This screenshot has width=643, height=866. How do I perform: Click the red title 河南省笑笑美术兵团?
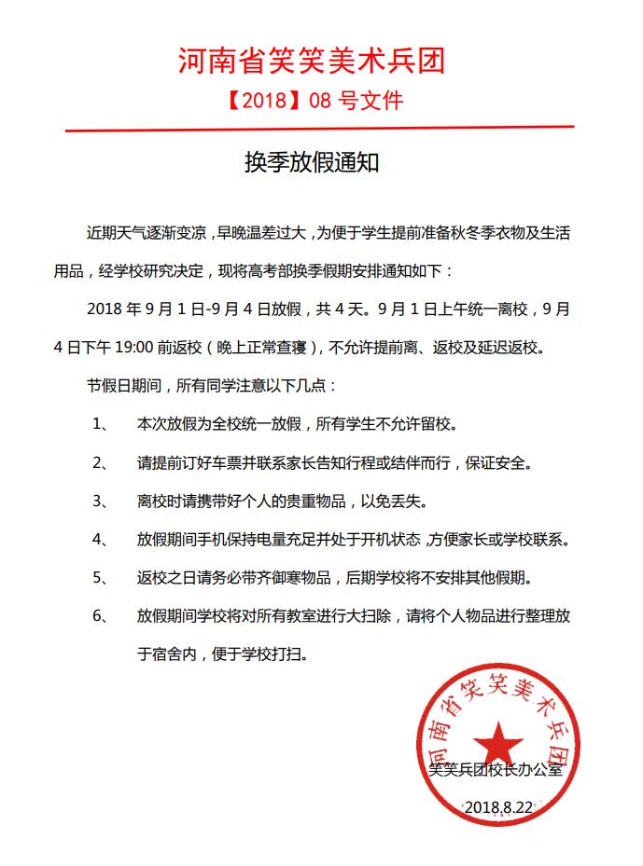pos(312,61)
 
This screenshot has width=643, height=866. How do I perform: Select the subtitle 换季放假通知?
pos(312,163)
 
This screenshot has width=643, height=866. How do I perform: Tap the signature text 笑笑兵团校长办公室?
pos(496,770)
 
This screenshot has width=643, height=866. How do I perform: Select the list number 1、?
pos(103,423)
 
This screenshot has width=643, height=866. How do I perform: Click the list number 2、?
pos(103,461)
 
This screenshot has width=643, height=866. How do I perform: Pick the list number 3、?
pos(103,501)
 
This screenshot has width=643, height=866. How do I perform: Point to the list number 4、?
pos(103,539)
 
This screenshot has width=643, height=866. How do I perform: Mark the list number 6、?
pos(103,616)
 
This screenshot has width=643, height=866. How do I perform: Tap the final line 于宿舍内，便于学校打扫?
pos(222,654)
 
